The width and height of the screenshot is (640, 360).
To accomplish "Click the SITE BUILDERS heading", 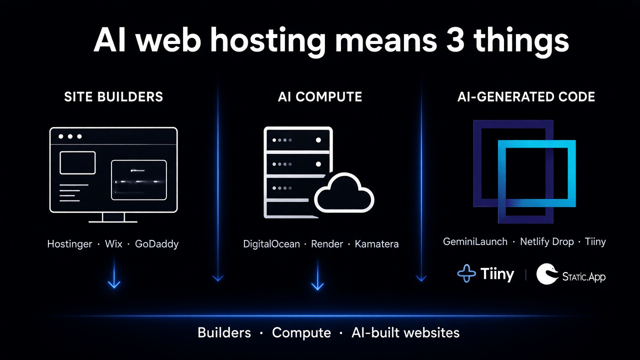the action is [113, 97].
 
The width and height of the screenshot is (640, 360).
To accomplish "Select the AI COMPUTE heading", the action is [319, 97].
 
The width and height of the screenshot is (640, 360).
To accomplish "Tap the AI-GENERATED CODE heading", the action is [526, 97].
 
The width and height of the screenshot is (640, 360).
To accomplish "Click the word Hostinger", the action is [69, 244].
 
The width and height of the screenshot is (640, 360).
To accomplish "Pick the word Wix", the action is [113, 243].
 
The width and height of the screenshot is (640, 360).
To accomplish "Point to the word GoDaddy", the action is [156, 244].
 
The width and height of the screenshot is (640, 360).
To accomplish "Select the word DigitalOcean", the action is [271, 244].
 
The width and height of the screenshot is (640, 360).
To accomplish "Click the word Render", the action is [327, 244].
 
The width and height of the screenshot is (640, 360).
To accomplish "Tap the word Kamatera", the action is [376, 244].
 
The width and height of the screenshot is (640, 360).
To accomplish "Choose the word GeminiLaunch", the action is [475, 241].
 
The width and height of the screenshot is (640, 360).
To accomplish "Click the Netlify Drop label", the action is [547, 242].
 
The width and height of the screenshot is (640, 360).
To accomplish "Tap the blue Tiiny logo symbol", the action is [466, 273].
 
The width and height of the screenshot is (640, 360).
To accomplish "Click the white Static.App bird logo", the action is [547, 273].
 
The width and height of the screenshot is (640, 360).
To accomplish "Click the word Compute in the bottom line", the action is [301, 333].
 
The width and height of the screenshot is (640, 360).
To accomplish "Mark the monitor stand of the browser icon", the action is [113, 217].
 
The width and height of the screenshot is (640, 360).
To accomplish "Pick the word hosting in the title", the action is [268, 42].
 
